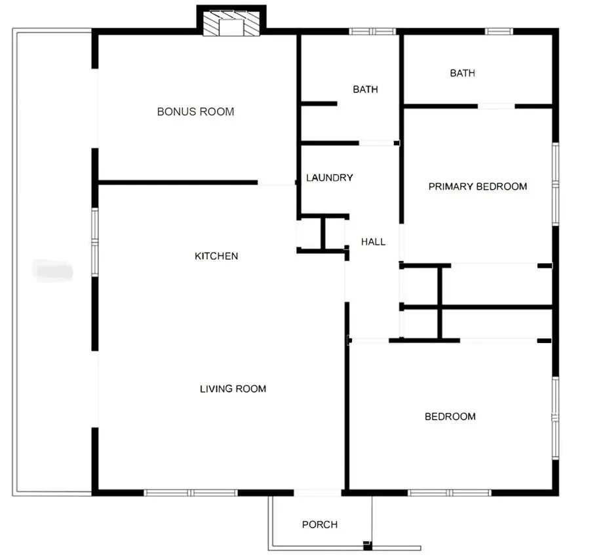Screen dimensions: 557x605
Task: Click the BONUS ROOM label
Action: click(195, 112)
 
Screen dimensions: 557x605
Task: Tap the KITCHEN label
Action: click(216, 256)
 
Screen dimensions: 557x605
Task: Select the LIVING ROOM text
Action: click(233, 389)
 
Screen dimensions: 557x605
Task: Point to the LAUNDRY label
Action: click(330, 177)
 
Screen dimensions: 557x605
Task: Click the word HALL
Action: click(373, 242)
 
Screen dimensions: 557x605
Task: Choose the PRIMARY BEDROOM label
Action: click(477, 187)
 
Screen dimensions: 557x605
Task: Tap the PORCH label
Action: click(320, 524)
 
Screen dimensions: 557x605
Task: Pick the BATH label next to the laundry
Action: click(365, 89)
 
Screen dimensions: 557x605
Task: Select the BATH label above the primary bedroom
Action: click(462, 73)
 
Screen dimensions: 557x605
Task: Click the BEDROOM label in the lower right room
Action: click(450, 416)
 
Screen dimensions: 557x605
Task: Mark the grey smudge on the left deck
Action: click(53, 268)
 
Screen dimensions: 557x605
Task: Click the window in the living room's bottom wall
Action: click(190, 492)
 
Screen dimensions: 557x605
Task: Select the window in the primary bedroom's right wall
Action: click(556, 185)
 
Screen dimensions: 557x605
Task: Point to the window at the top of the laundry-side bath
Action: click(372, 31)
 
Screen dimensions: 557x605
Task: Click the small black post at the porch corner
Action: click(367, 545)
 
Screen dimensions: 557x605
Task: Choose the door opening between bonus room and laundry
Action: click(277, 183)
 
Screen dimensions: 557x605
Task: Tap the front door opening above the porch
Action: click(317, 492)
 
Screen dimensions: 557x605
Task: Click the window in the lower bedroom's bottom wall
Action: click(450, 492)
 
